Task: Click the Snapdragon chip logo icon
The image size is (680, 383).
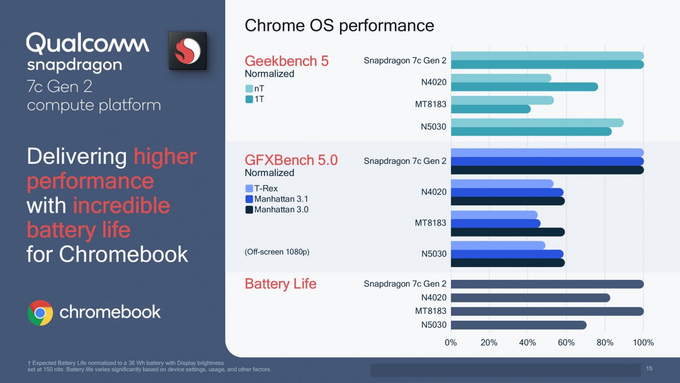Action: (188, 51)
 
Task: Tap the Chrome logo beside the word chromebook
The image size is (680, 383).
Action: (40, 313)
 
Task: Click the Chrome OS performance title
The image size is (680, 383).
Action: (339, 25)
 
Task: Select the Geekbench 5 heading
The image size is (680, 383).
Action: (286, 61)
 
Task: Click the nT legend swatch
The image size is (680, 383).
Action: (249, 89)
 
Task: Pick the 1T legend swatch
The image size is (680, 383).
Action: (249, 99)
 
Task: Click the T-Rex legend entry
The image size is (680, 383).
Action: (261, 188)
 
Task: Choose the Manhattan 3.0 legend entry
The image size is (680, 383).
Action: (277, 210)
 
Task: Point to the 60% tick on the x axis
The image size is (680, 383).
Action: (566, 343)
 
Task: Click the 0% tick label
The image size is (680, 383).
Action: (451, 343)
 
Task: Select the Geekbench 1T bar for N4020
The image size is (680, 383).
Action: (524, 87)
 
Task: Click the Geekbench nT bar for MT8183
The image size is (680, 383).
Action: (503, 101)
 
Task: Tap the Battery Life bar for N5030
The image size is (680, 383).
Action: (518, 325)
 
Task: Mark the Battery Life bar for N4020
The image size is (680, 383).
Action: (530, 298)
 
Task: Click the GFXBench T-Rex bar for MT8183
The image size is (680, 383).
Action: (494, 215)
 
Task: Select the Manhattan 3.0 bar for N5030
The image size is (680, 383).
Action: (508, 263)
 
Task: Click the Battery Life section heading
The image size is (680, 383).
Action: (280, 284)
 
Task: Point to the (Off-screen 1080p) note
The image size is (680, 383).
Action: (277, 252)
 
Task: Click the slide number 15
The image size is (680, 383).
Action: (649, 369)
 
